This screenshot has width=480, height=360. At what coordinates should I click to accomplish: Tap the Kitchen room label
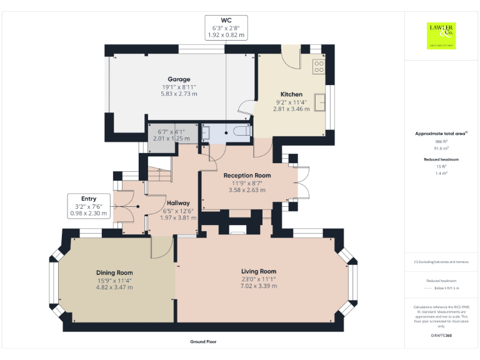291,94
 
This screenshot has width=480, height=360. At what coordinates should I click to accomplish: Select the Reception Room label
247,176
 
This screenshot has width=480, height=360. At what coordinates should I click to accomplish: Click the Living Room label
259,271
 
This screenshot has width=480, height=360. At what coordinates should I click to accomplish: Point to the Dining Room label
114,272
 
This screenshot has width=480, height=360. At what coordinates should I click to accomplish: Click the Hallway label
178,203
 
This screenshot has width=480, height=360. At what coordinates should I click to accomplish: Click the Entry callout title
89,199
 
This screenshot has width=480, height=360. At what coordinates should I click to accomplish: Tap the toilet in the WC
242,132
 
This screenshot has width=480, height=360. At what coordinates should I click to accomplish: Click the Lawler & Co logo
441,35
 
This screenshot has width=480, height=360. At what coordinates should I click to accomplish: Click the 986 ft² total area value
441,142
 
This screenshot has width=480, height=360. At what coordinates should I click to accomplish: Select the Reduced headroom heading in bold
441,159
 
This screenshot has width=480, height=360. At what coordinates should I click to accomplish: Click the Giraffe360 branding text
441,336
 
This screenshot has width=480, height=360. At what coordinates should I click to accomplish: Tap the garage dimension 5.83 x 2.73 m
179,94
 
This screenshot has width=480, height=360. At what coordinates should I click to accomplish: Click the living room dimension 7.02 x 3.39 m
259,286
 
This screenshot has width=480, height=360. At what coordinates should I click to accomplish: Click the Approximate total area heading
441,134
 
